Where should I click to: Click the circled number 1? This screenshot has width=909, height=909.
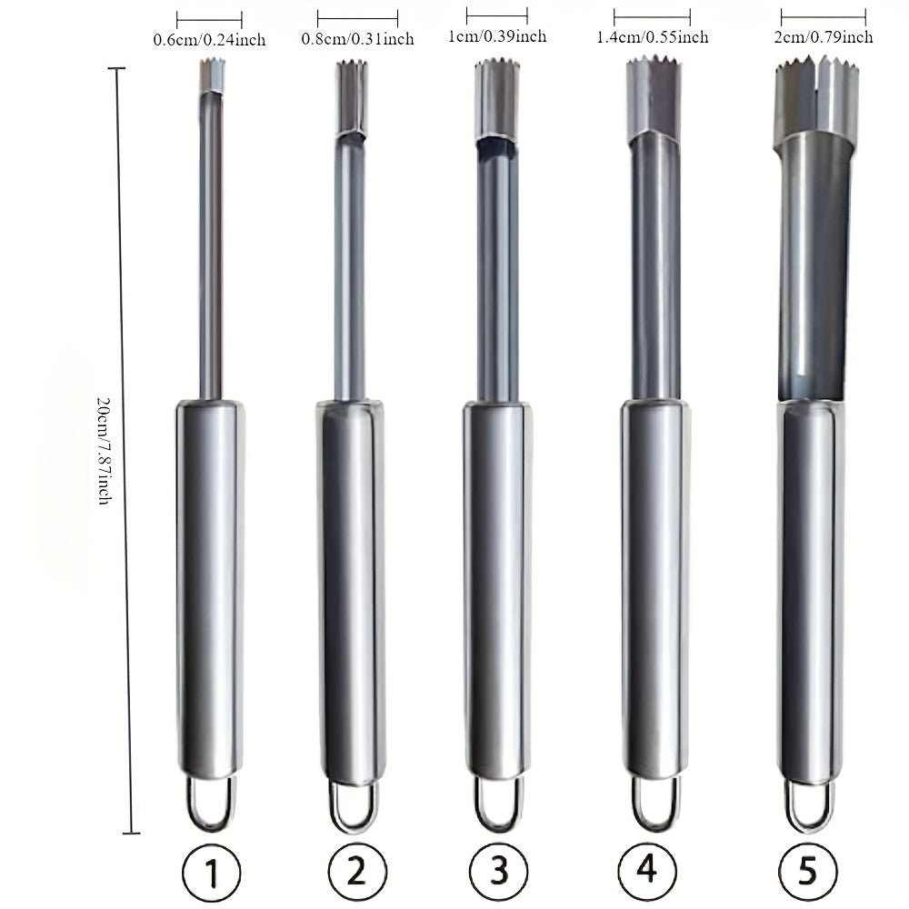pyautogui.click(x=210, y=875)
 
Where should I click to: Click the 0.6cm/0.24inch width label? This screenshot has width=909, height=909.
pyautogui.click(x=209, y=40)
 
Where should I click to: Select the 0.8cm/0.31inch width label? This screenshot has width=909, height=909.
pyautogui.click(x=358, y=39)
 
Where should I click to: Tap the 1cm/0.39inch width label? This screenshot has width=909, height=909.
pyautogui.click(x=497, y=36)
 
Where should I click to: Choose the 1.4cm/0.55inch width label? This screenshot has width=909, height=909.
pyautogui.click(x=653, y=37)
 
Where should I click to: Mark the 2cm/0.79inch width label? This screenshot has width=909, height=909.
pyautogui.click(x=824, y=37)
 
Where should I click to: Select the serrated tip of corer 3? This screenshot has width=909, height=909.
pyautogui.click(x=494, y=68)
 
